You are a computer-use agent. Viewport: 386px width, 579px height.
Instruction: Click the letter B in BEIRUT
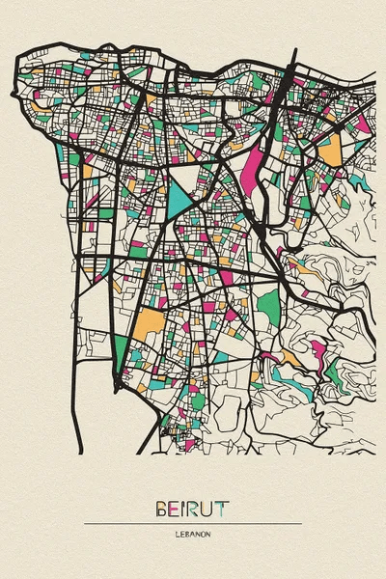coord(159,506)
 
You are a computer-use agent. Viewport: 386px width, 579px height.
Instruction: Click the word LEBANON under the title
coord(193,533)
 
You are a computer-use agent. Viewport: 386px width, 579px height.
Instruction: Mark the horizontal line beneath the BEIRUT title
coord(193,523)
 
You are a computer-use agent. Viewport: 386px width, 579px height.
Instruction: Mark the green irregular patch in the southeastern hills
coord(333,372)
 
